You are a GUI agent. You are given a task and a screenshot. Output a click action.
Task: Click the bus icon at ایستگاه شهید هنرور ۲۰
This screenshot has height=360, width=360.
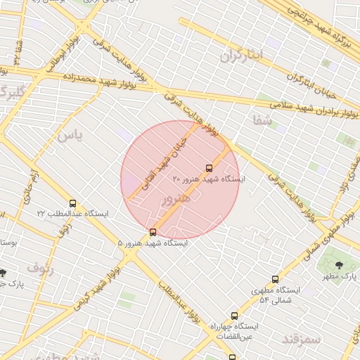(209, 168)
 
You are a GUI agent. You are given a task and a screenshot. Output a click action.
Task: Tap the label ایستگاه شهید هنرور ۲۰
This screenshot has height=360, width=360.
(209, 180)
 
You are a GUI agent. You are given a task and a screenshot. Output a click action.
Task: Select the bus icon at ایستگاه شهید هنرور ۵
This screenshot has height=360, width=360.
(153, 232)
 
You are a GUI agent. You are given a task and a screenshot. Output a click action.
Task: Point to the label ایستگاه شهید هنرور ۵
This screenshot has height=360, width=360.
(153, 243)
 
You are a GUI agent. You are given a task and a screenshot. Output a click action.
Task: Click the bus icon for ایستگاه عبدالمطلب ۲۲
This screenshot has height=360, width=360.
(72, 203)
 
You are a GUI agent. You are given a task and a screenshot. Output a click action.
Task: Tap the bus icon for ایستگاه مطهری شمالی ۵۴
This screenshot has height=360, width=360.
(275, 279)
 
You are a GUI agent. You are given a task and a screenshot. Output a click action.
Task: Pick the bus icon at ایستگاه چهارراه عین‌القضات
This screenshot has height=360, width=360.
(234, 316)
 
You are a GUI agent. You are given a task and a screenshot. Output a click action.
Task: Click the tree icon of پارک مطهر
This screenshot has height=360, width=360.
(340, 265)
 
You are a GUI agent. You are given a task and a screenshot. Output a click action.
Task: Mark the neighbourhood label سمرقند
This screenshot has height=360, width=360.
(282, 340)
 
